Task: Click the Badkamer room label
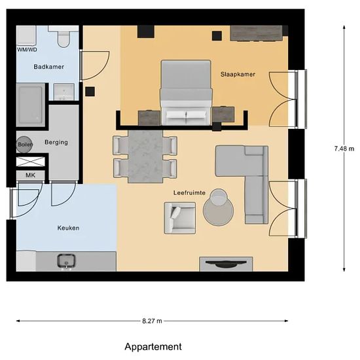point(48,67)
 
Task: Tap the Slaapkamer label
point(238,75)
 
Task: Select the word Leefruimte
point(189,192)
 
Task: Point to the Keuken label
point(69,228)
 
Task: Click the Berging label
point(56,142)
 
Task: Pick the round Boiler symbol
point(24,145)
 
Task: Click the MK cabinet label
point(31,175)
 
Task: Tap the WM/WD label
point(27,50)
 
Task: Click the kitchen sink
point(66,261)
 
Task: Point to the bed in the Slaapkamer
point(186,92)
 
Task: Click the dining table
point(145,156)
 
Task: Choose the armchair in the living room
point(180,218)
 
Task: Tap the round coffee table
point(219,210)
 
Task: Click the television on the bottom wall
point(226,264)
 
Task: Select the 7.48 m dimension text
point(344,149)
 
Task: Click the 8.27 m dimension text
point(152,321)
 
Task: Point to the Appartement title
point(153,347)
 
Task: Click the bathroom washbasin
point(64,92)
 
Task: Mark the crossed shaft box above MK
point(31,162)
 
